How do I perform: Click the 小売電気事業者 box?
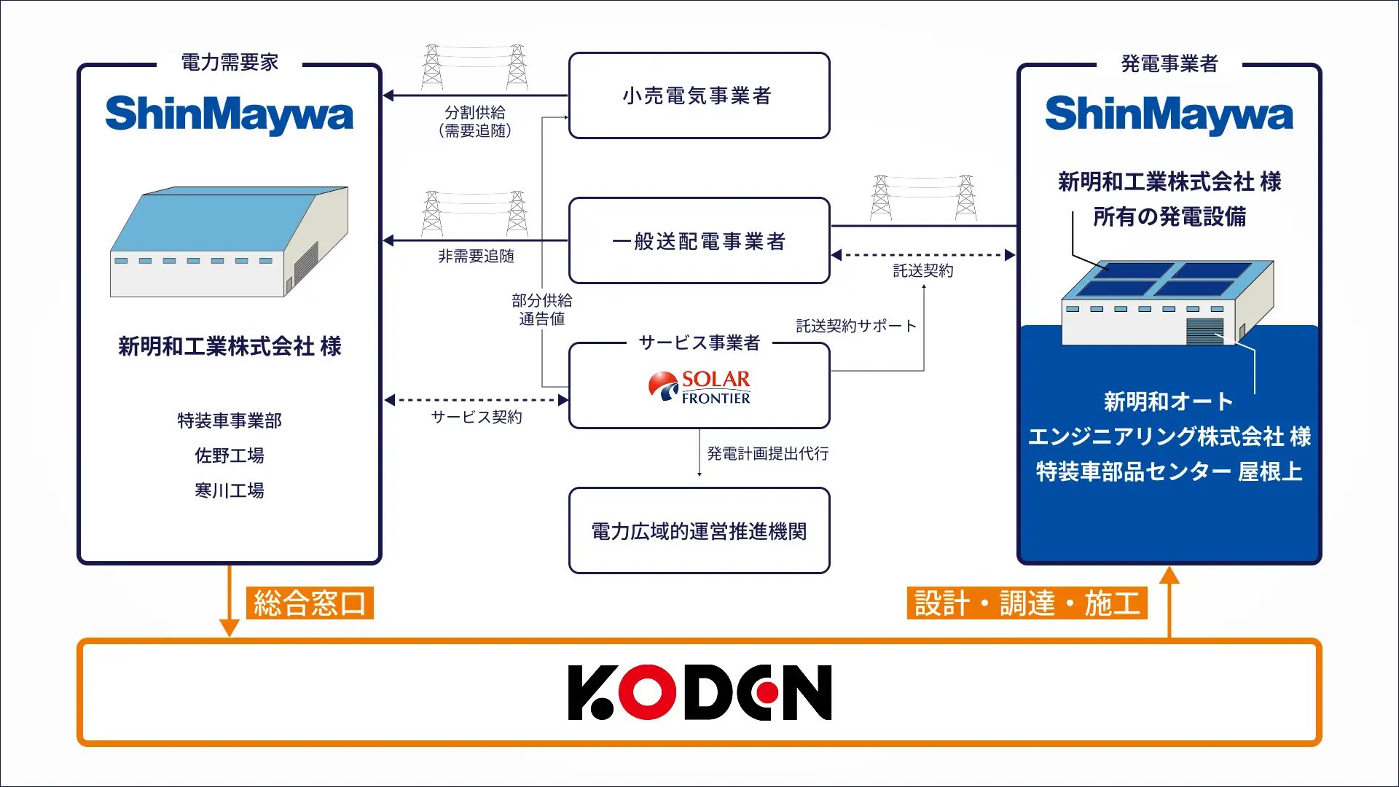tap(699, 95)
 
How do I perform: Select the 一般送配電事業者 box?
tap(699, 240)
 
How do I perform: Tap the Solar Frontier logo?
tap(699, 388)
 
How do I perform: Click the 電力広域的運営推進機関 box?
tap(699, 530)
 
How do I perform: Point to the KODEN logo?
tap(699, 692)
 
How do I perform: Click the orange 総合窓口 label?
tap(310, 603)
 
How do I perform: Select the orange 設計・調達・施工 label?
tap(1027, 603)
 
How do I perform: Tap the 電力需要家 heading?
tap(230, 63)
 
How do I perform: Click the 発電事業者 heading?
tap(1169, 64)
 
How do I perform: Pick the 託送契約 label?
tap(923, 271)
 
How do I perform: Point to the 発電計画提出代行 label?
tap(768, 453)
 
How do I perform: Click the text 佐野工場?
tap(230, 455)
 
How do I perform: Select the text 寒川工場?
tap(230, 490)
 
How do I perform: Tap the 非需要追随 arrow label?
tap(476, 257)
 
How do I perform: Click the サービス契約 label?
tap(477, 417)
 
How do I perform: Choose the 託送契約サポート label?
tap(856, 326)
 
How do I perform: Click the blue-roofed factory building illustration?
tap(230, 241)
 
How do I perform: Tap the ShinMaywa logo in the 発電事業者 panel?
tap(1169, 115)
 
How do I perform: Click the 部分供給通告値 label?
tap(542, 309)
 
